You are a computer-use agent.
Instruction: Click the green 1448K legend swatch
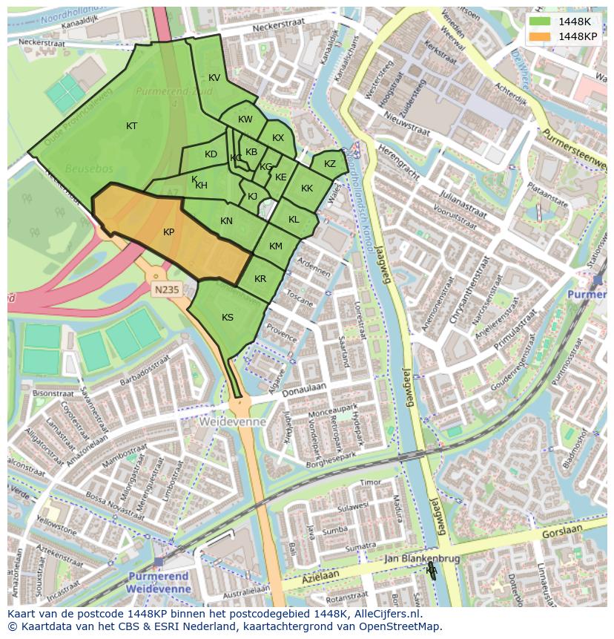540,22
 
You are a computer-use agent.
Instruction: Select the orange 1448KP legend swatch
540,36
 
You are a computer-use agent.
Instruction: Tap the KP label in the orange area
168,232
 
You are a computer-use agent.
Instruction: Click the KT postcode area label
131,126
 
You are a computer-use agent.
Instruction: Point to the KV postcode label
214,78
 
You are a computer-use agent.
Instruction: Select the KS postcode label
228,318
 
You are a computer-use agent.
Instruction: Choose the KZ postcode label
330,164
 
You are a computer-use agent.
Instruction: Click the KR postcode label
260,279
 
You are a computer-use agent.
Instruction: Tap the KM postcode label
276,246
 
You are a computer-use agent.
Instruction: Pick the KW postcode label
245,119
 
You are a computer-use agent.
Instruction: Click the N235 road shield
166,289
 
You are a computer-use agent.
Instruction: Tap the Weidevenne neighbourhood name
232,422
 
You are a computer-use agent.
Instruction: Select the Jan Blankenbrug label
423,559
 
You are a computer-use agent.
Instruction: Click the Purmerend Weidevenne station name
159,582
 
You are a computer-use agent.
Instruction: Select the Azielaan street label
320,577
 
